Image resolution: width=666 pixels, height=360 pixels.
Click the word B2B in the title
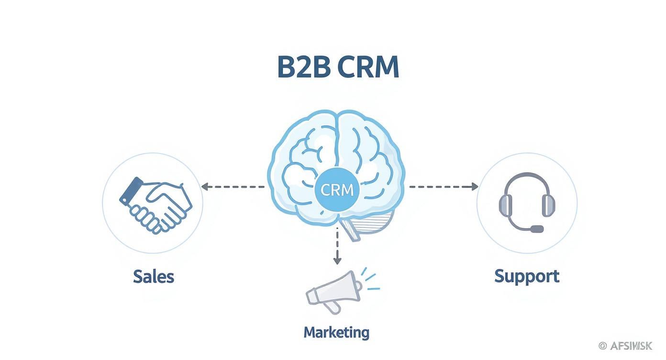(303, 67)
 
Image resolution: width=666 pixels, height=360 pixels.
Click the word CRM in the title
(368, 67)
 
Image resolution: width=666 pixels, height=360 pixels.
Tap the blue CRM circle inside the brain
(337, 190)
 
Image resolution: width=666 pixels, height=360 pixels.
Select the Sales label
(153, 276)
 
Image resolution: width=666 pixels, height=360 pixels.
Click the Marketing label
(336, 332)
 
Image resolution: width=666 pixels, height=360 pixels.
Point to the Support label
(526, 276)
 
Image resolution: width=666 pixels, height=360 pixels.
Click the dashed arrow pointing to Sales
(232, 187)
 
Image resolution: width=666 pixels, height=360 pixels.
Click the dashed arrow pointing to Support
(443, 187)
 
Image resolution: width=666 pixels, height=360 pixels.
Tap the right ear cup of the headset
(548, 205)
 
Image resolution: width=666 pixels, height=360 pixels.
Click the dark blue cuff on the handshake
(131, 191)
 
